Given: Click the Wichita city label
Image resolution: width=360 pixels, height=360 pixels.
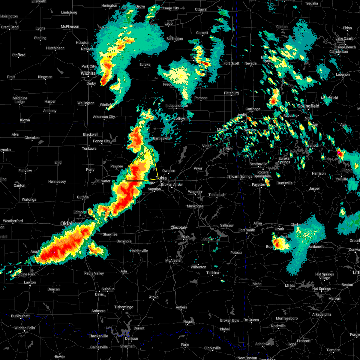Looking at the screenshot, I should pyautogui.click(x=88, y=73).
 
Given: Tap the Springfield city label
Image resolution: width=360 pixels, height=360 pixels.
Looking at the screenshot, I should pyautogui.click(x=308, y=106).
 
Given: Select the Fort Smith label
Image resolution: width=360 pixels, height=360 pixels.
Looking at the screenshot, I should pyautogui.click(x=247, y=230).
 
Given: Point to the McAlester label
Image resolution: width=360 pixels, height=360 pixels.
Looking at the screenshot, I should pyautogui.click(x=174, y=260).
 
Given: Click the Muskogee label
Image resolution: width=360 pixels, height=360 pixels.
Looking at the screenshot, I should pyautogui.click(x=195, y=206).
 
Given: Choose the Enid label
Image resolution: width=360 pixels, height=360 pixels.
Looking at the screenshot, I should pyautogui.click(x=58, y=162).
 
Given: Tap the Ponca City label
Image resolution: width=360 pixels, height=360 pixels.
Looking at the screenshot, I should pyautogui.click(x=101, y=141).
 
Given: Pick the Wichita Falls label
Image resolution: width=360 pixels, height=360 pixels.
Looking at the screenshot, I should pyautogui.click(x=25, y=328).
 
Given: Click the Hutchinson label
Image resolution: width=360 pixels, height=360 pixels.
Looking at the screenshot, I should pyautogui.click(x=55, y=48).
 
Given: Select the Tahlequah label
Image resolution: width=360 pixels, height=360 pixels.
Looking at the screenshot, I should pyautogui.click(x=217, y=195).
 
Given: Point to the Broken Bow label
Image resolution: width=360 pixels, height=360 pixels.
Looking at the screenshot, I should pyautogui.click(x=229, y=320).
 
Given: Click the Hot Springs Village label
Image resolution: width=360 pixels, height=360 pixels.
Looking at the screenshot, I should pyautogui.click(x=325, y=276).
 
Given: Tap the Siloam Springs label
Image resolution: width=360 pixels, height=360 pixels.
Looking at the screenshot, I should pyautogui.click(x=240, y=176).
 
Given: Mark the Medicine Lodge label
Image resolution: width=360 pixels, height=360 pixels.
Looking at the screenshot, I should pyautogui.click(x=20, y=100).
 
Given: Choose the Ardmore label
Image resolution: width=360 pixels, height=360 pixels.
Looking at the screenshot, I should pyautogui.click(x=98, y=311).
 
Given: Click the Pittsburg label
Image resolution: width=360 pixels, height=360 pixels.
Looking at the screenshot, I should pyautogui.click(x=231, y=93).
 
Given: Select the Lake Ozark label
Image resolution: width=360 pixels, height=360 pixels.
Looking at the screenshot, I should pyautogui.click(x=344, y=38).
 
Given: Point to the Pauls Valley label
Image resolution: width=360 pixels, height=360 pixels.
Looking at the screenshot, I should pyautogui.click(x=94, y=273).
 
